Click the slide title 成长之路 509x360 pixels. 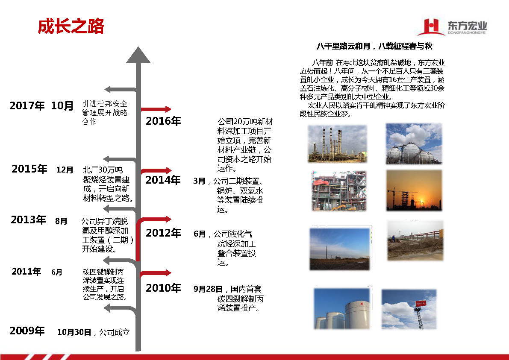point(71,26)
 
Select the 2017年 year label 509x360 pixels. point(27,105)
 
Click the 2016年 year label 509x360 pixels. point(163,121)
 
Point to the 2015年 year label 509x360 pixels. point(29,169)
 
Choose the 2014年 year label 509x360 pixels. point(163,180)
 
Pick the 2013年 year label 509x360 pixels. point(28,220)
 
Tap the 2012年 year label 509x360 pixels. point(163,233)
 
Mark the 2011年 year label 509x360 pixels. point(26,272)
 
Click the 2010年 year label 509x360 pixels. point(163,288)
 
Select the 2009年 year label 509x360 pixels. point(27,331)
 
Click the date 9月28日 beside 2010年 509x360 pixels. point(208,289)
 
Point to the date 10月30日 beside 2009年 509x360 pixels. point(74,332)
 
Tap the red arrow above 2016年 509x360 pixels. point(156,109)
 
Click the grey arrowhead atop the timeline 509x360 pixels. point(138,55)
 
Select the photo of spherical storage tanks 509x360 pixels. point(414,143)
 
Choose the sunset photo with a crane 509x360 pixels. point(414,190)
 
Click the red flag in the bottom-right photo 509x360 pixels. point(421,303)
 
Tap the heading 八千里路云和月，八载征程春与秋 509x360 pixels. point(374,46)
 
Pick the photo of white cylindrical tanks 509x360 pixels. point(342,308)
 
